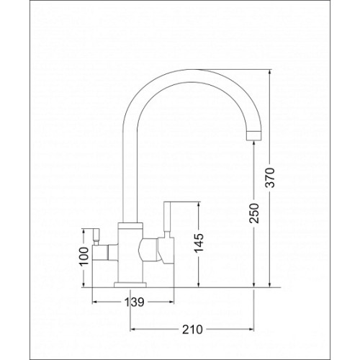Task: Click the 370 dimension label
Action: click(x=271, y=178)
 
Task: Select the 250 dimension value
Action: click(x=254, y=213)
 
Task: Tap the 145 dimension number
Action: click(x=199, y=243)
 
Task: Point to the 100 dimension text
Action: click(x=84, y=256)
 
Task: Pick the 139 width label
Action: click(x=134, y=302)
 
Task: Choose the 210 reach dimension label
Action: click(x=192, y=330)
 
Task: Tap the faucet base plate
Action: click(x=130, y=284)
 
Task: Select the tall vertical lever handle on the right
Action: click(x=167, y=217)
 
